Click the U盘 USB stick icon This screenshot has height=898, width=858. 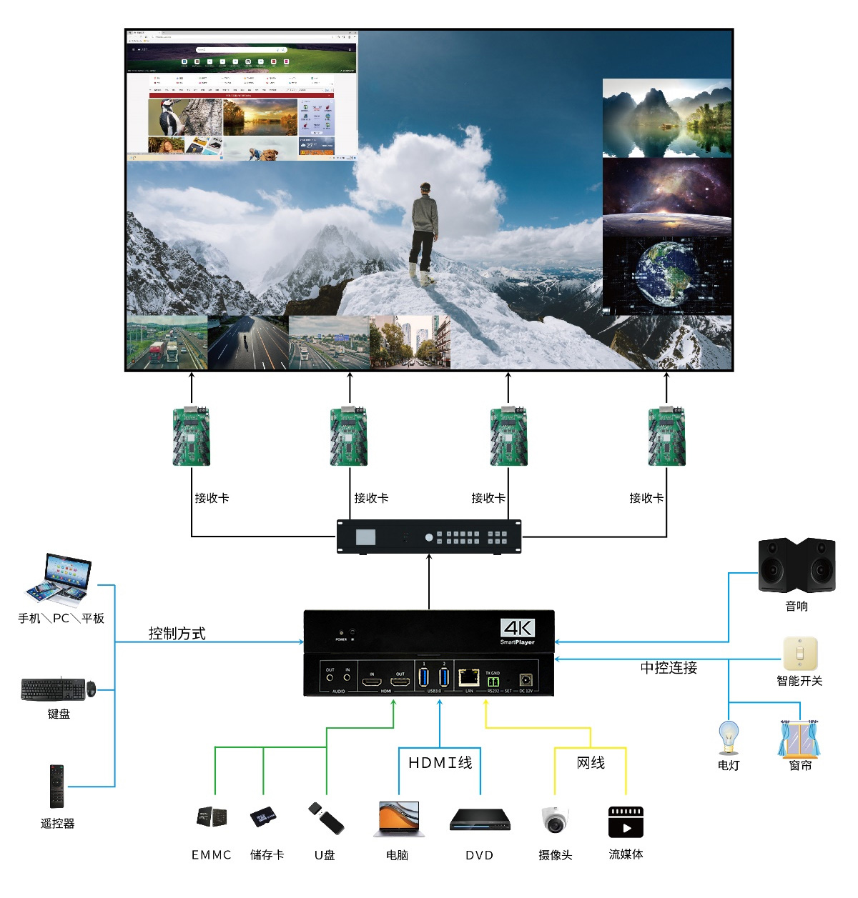[x=326, y=819]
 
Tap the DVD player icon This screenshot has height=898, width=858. [x=480, y=819]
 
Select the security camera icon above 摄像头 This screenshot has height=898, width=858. [x=556, y=819]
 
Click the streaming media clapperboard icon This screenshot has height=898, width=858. [x=626, y=822]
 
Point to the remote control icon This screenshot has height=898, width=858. [x=56, y=786]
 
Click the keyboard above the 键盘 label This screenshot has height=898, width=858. [x=54, y=689]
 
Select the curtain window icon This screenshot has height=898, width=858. [x=799, y=739]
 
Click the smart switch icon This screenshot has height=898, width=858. [x=800, y=653]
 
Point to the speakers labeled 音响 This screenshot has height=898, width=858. [x=797, y=565]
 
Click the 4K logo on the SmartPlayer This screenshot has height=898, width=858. [x=518, y=628]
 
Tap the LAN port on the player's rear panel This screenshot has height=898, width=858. [x=469, y=677]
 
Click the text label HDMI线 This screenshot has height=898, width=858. [x=440, y=763]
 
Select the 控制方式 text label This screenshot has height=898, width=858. [x=177, y=634]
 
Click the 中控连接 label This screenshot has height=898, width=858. [x=669, y=668]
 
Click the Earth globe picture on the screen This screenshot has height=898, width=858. [x=666, y=275]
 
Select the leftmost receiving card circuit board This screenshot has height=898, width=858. [x=192, y=436]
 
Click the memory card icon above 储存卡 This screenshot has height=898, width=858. [x=263, y=817]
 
